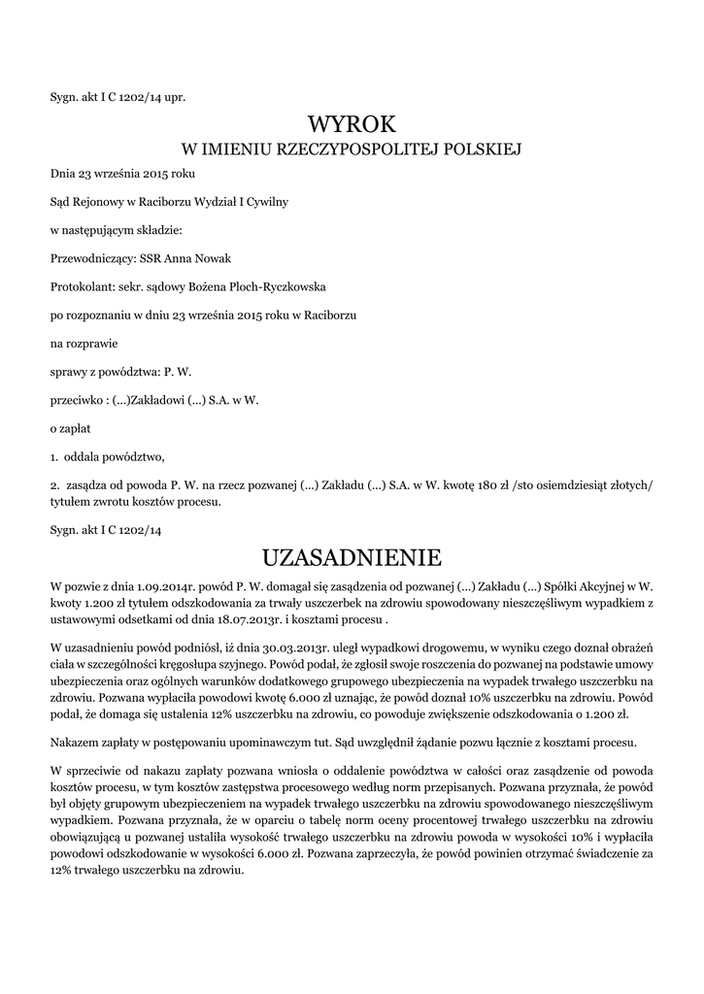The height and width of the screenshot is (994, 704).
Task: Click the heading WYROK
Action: point(352,124)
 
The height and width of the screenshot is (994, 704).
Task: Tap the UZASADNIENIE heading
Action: point(352,557)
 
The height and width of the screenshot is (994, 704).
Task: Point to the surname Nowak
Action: point(212,257)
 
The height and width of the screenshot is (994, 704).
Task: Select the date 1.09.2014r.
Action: point(142,586)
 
